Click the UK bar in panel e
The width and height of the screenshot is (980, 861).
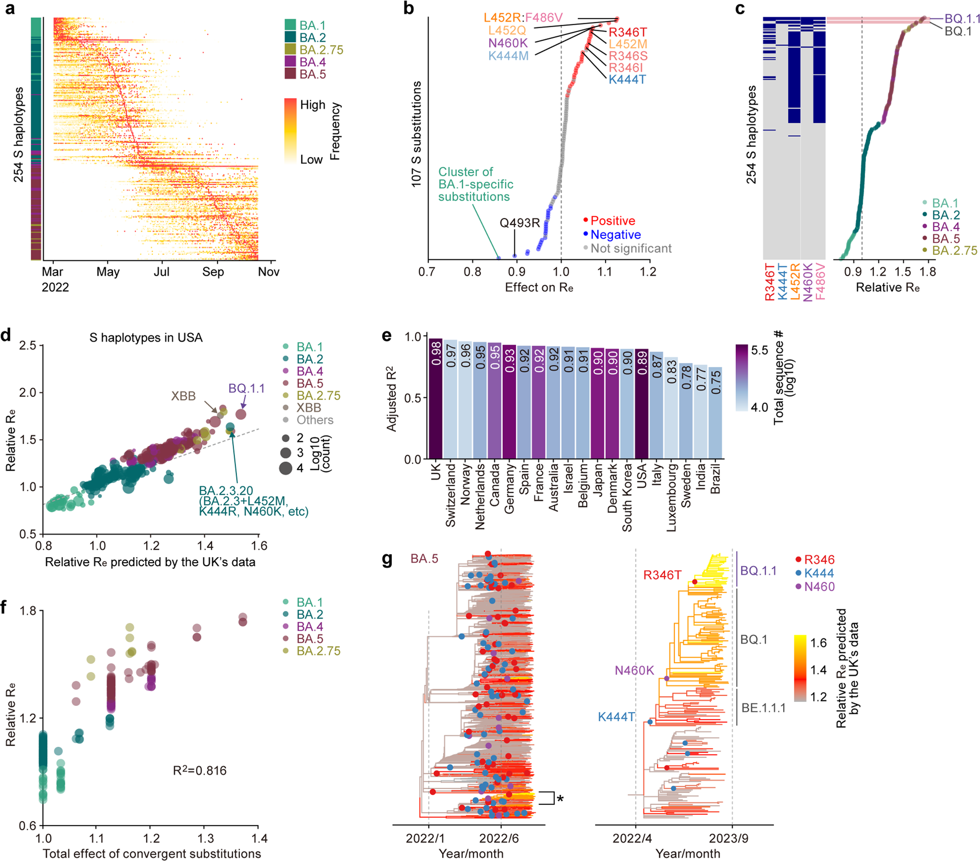[436, 399]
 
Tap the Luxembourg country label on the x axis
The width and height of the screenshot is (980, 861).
[672, 497]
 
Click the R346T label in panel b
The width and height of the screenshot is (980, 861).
[628, 32]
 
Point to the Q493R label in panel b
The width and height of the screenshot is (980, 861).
[520, 223]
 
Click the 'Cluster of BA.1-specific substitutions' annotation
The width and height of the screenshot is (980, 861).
[475, 184]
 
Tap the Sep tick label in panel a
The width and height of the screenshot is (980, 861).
[213, 272]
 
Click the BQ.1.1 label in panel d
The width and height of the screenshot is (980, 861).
[246, 388]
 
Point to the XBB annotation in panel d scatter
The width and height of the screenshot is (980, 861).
[183, 396]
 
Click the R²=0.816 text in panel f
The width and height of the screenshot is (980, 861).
[199, 770]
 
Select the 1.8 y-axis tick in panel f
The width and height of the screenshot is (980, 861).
[28, 611]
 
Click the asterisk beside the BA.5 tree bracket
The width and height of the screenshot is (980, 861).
[560, 799]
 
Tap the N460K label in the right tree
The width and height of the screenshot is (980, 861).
[634, 670]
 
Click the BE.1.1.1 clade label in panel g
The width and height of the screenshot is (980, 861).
[763, 708]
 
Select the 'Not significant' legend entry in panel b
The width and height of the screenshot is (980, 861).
[631, 249]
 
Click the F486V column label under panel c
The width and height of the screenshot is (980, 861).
[820, 281]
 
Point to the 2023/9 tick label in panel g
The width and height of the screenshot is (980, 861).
[728, 838]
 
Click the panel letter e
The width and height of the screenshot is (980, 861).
[387, 336]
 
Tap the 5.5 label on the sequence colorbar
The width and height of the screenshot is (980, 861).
[759, 351]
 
